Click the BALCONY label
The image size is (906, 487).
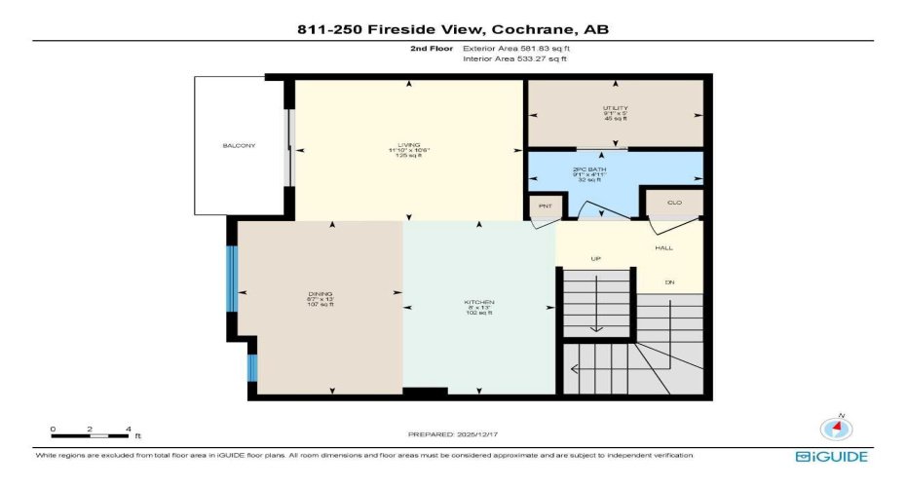coord(239,146)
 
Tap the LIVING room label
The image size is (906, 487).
coord(408,145)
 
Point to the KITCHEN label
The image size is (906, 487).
coord(478,303)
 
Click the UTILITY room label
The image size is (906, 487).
coord(615,108)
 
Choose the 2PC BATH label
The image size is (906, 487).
coord(614,169)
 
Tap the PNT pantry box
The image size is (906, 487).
coord(543,206)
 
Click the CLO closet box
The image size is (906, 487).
coord(674,203)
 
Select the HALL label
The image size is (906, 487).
coord(663,248)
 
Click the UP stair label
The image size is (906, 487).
coord(596,258)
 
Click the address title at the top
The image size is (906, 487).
coord(453,29)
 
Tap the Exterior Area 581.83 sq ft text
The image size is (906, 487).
coord(515,47)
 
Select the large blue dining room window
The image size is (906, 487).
coord(232,279)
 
